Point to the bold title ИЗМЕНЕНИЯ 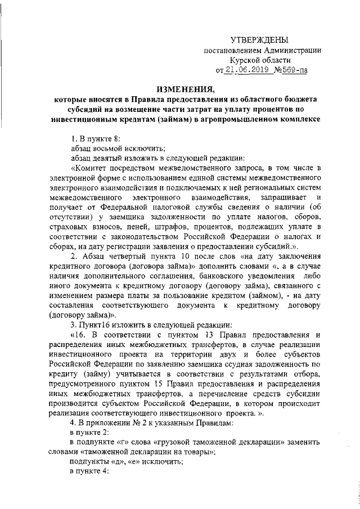point(185,88)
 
